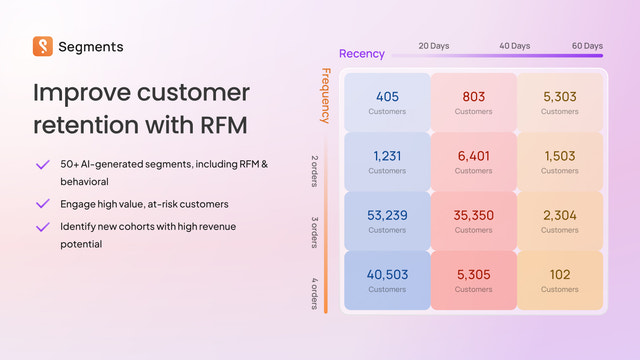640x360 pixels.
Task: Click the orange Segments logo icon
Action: [x=43, y=46]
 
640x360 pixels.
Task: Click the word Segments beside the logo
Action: [x=91, y=46]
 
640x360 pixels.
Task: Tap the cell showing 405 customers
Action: [x=387, y=102]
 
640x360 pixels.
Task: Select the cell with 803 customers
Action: [x=473, y=102]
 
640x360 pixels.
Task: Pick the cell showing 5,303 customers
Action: [x=559, y=102]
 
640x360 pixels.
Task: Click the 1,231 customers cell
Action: [x=387, y=161]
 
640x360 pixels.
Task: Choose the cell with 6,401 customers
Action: [x=473, y=161]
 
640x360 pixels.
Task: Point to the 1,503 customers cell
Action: [x=559, y=161]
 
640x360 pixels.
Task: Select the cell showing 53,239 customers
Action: [x=387, y=220]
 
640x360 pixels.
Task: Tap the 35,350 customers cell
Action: [x=473, y=220]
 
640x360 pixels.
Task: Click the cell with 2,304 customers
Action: [x=559, y=220]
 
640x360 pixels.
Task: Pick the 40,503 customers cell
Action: [x=387, y=279]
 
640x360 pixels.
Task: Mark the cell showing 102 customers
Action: [x=559, y=279]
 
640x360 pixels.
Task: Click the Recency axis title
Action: [x=362, y=54]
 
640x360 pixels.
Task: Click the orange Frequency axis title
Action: [x=326, y=95]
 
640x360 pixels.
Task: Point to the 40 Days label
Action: [x=515, y=46]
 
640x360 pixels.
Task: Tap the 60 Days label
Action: [x=587, y=46]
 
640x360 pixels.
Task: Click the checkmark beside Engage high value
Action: [x=42, y=203]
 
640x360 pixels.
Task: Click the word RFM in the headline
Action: [x=212, y=127]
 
